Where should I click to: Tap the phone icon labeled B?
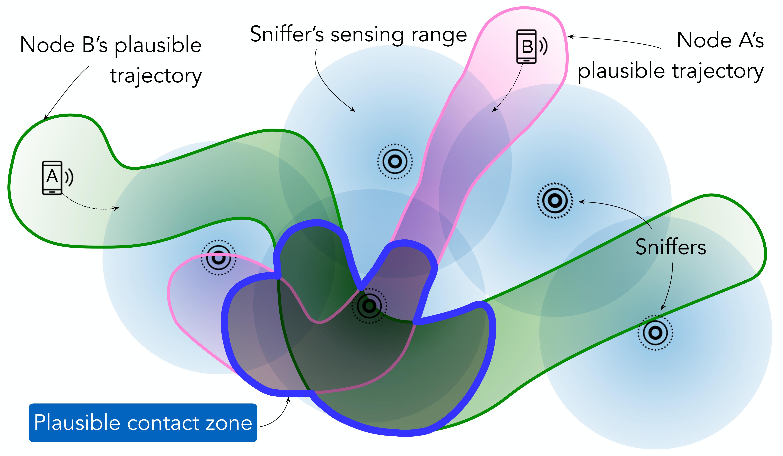click(x=526, y=47)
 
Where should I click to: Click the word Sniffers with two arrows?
click(x=671, y=247)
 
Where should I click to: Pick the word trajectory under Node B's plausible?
click(x=156, y=76)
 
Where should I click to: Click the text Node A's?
click(x=720, y=40)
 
